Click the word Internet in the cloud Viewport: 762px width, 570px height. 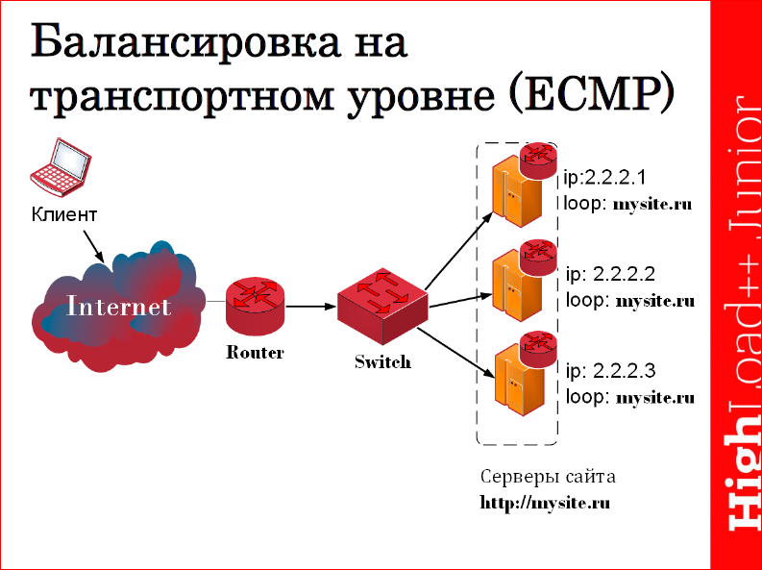click(119, 307)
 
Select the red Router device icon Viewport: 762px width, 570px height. click(255, 305)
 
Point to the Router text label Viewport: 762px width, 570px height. click(255, 353)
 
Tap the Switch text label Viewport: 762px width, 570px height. click(382, 362)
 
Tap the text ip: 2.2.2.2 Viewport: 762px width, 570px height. click(612, 274)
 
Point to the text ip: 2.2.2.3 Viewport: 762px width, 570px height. click(612, 370)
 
